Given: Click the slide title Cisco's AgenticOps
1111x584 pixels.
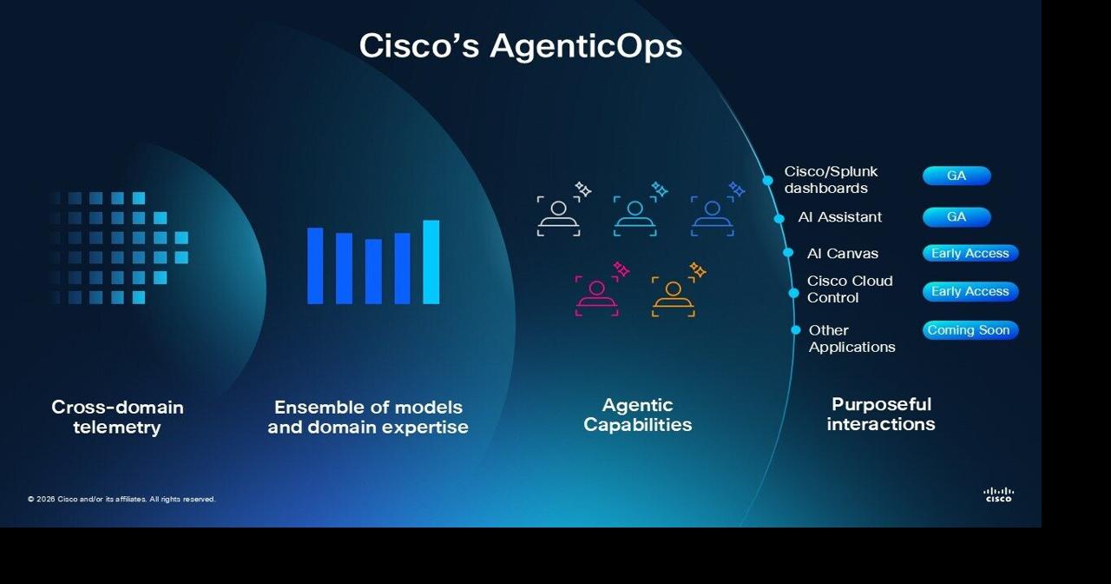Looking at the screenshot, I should tap(521, 45).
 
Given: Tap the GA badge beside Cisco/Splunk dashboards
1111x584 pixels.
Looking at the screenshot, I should tap(957, 176).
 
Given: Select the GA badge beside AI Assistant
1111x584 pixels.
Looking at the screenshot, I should tap(957, 217).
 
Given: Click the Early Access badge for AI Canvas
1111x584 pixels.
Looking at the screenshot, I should tap(970, 254).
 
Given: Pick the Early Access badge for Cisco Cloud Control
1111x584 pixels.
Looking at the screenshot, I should tap(970, 292).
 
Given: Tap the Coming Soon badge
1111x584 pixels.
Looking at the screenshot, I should tap(969, 330).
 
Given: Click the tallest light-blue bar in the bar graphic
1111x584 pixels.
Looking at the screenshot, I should tap(431, 262).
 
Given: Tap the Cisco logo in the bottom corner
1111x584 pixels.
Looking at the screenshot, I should tap(998, 494).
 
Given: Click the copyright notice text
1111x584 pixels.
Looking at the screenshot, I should tap(122, 499).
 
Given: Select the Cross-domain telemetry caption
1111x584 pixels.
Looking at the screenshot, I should tap(117, 417).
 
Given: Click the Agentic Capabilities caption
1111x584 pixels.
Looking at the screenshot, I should tap(638, 415).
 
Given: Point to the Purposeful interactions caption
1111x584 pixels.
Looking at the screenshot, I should tap(881, 414).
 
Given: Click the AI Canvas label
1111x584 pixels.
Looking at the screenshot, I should tap(843, 254).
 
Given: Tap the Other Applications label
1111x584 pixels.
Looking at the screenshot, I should tap(851, 339).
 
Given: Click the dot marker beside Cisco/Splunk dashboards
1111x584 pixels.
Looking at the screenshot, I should tap(768, 181).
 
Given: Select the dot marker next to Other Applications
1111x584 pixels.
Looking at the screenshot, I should tap(796, 330).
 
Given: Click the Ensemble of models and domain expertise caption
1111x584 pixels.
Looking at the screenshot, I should tap(368, 417).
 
